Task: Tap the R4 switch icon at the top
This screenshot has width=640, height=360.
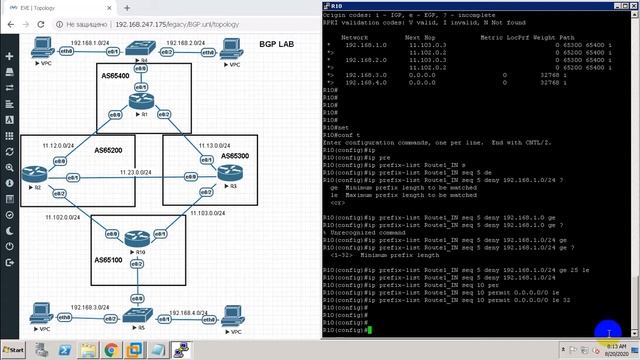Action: tap(143, 50)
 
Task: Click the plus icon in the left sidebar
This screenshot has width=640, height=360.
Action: tap(9, 57)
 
